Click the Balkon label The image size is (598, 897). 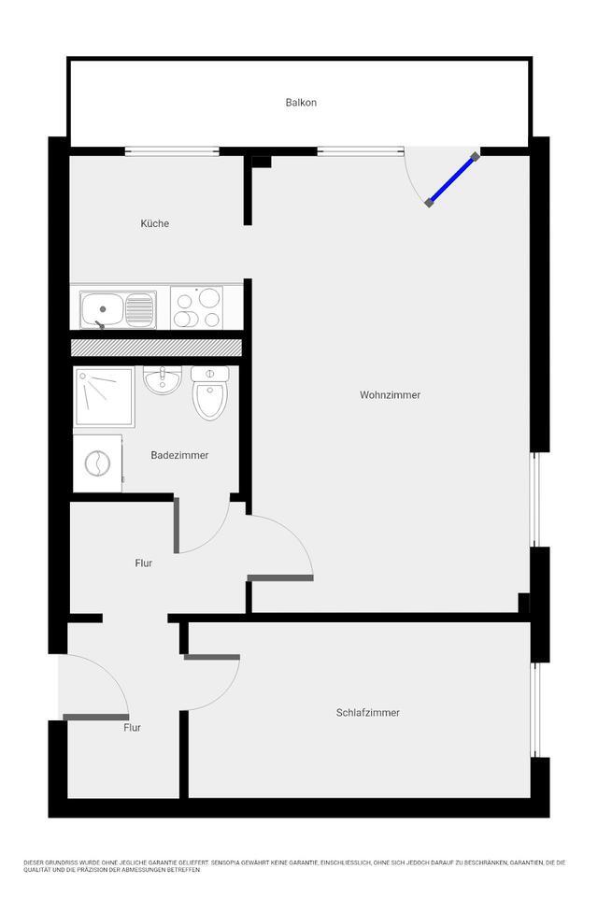click(301, 103)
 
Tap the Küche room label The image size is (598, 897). click(155, 223)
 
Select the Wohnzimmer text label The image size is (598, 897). click(390, 395)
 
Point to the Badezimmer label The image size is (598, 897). click(179, 455)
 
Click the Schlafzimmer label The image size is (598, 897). click(367, 713)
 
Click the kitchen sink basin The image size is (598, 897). click(101, 308)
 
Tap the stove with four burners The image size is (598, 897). click(196, 308)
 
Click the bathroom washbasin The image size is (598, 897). click(163, 380)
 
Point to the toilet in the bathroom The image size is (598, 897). click(208, 392)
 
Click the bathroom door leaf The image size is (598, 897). click(176, 525)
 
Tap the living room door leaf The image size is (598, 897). click(280, 578)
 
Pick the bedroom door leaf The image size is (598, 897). click(212, 657)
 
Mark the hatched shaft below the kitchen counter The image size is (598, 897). click(156, 348)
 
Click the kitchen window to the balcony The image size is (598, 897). click(172, 151)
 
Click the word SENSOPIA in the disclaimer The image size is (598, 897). click(231, 862)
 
